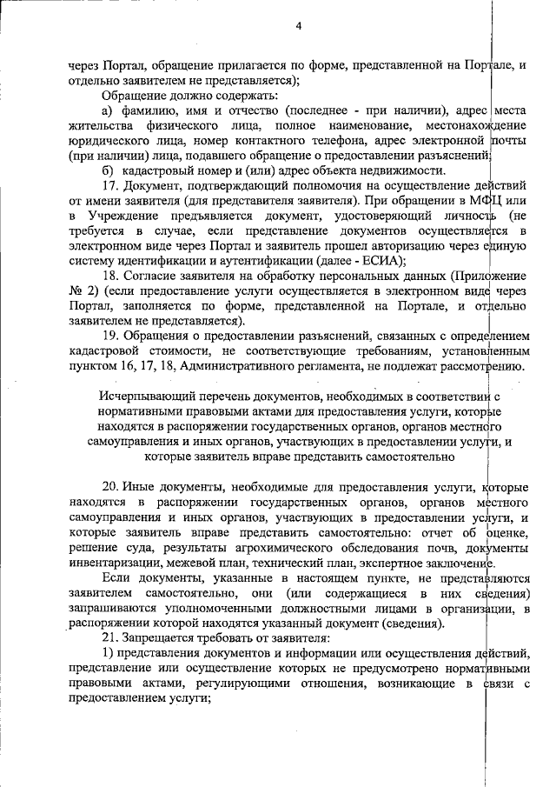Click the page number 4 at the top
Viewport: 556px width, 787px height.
(x=298, y=26)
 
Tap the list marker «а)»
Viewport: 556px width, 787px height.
(x=108, y=110)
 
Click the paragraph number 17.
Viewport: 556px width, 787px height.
(x=110, y=186)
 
